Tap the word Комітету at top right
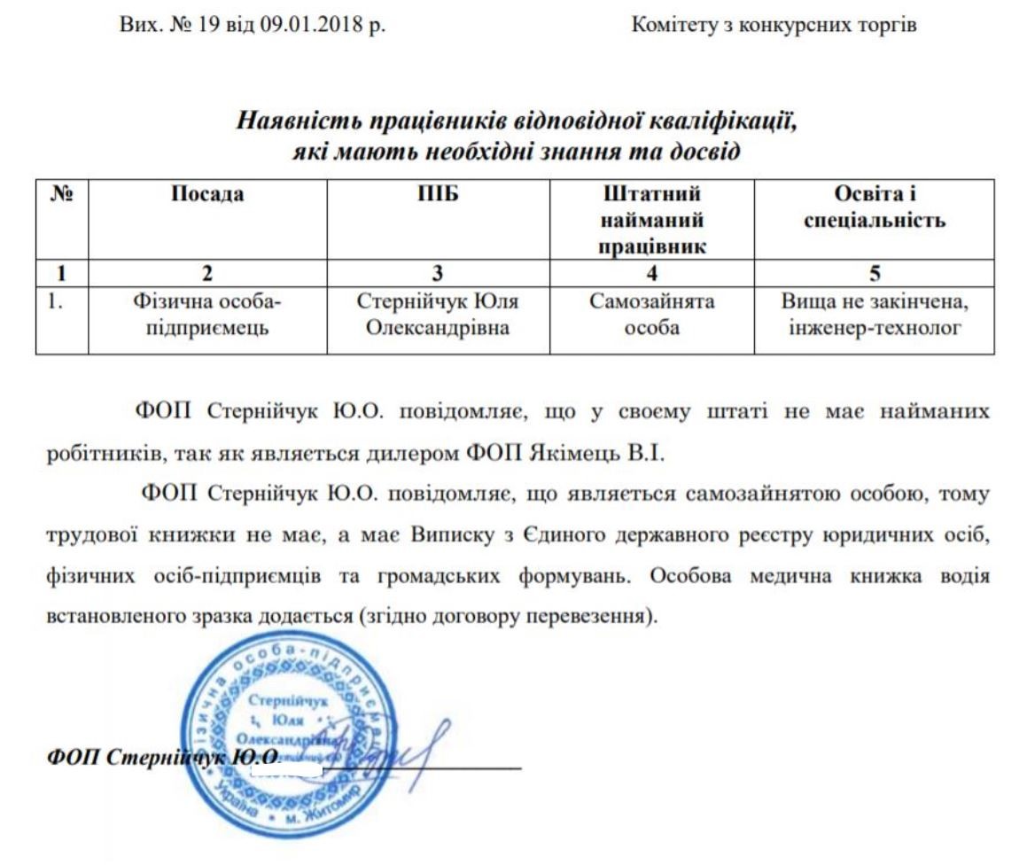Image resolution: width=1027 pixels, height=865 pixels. click(675, 26)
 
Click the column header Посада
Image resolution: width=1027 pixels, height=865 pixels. click(206, 195)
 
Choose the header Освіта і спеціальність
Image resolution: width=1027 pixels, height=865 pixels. click(875, 207)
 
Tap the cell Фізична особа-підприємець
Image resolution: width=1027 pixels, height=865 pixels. click(206, 315)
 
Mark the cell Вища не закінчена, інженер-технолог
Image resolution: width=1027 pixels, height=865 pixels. click(875, 315)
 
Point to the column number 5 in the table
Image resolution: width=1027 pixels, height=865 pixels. click(875, 273)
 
